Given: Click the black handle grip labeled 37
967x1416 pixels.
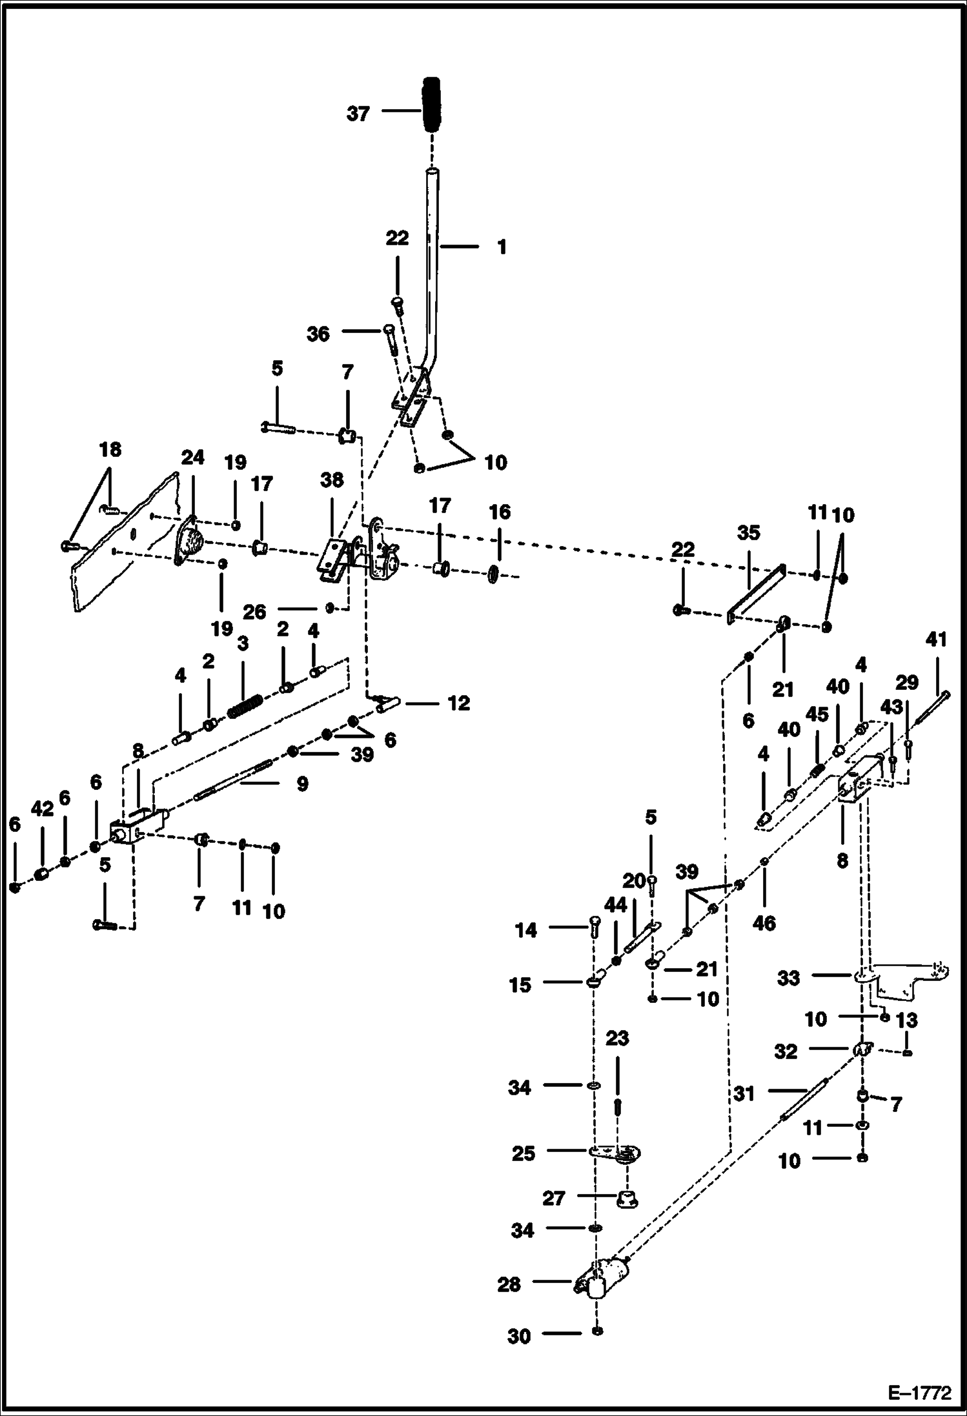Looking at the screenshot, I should (x=431, y=105).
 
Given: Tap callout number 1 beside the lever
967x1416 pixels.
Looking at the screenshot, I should (x=502, y=247).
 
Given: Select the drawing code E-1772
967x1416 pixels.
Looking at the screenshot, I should (x=919, y=1391).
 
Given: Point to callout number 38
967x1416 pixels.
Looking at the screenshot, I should (x=332, y=481).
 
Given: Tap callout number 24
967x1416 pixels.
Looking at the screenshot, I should (x=192, y=458).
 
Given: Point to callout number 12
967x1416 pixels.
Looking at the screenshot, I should (x=459, y=703).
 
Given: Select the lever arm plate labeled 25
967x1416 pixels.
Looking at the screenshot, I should (x=614, y=1153).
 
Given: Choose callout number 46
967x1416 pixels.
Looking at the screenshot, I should (x=764, y=924).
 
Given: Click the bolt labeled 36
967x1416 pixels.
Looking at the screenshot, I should (x=391, y=341).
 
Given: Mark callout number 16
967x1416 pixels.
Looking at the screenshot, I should (x=500, y=512).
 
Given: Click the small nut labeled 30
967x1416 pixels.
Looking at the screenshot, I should (x=598, y=1331).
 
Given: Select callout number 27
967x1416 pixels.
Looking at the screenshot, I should (x=554, y=1198).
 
